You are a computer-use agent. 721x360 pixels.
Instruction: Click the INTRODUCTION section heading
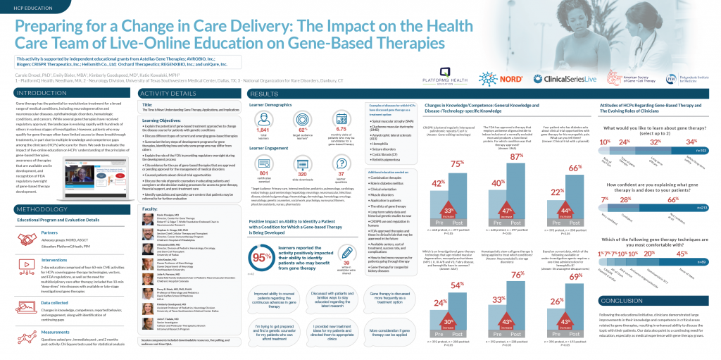[x=42, y=93]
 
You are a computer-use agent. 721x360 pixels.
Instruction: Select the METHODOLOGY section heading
[x=42, y=210]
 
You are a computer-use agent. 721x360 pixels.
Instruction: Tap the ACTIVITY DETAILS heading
[x=168, y=93]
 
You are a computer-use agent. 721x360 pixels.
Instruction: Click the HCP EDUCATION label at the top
[x=27, y=6]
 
